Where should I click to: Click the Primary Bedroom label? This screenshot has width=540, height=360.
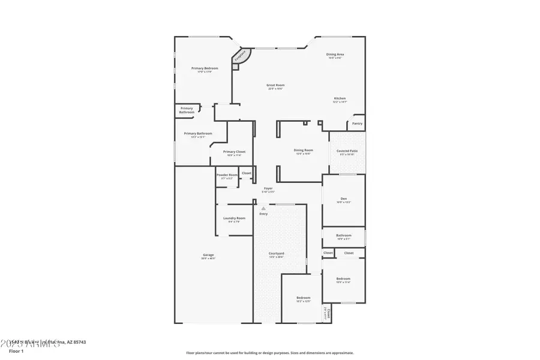pyautogui.click(x=205, y=68)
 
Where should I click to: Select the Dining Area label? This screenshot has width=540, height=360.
pyautogui.click(x=335, y=54)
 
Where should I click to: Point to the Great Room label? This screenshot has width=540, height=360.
pyautogui.click(x=275, y=85)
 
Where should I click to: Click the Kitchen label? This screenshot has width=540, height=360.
pyautogui.click(x=340, y=98)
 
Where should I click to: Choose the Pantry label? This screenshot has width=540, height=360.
pyautogui.click(x=357, y=124)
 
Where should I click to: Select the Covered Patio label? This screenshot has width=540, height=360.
pyautogui.click(x=347, y=151)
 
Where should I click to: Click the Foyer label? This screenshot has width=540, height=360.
pyautogui.click(x=268, y=188)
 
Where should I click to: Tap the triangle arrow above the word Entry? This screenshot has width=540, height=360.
pyautogui.click(x=263, y=208)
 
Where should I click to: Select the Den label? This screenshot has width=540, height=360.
pyautogui.click(x=344, y=199)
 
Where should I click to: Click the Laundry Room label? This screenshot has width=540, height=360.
pyautogui.click(x=233, y=218)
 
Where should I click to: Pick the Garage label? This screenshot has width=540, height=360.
pyautogui.click(x=208, y=255)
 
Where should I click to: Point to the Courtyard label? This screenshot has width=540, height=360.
pyautogui.click(x=276, y=254)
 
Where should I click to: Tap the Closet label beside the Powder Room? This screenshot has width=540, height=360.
pyautogui.click(x=247, y=173)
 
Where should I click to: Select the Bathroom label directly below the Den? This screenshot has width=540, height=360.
pyautogui.click(x=344, y=236)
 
